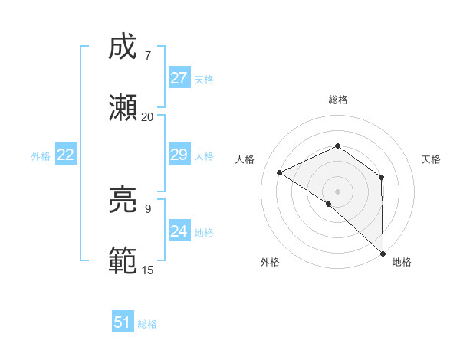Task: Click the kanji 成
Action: (123, 48)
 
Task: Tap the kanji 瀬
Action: (123, 108)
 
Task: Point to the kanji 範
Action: (123, 261)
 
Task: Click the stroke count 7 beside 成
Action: (147, 55)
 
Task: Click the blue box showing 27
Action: (179, 78)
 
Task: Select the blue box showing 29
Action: (179, 155)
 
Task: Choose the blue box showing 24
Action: (179, 231)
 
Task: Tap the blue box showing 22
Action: (66, 155)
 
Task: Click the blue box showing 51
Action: (123, 322)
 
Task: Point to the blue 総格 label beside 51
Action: (147, 324)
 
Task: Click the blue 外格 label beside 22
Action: (41, 156)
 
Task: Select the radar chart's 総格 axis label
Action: (338, 100)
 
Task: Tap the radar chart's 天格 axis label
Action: (432, 159)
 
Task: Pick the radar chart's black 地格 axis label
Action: (402, 262)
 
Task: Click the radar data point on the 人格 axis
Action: (280, 172)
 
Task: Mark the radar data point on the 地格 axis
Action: (383, 254)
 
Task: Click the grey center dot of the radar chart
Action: (337, 191)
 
